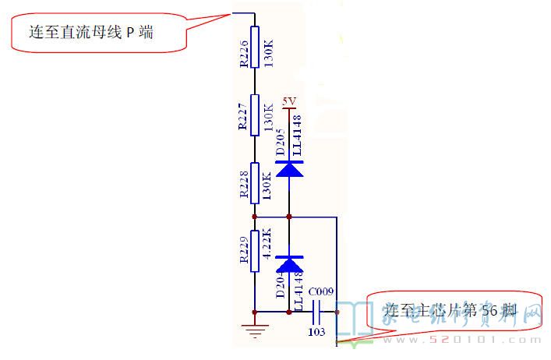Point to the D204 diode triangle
[289, 265]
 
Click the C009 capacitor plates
[317, 312]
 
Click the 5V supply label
[289, 101]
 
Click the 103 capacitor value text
[317, 331]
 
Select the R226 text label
[243, 52]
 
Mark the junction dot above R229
[254, 217]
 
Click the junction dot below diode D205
[289, 217]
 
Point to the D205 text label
[281, 140]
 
